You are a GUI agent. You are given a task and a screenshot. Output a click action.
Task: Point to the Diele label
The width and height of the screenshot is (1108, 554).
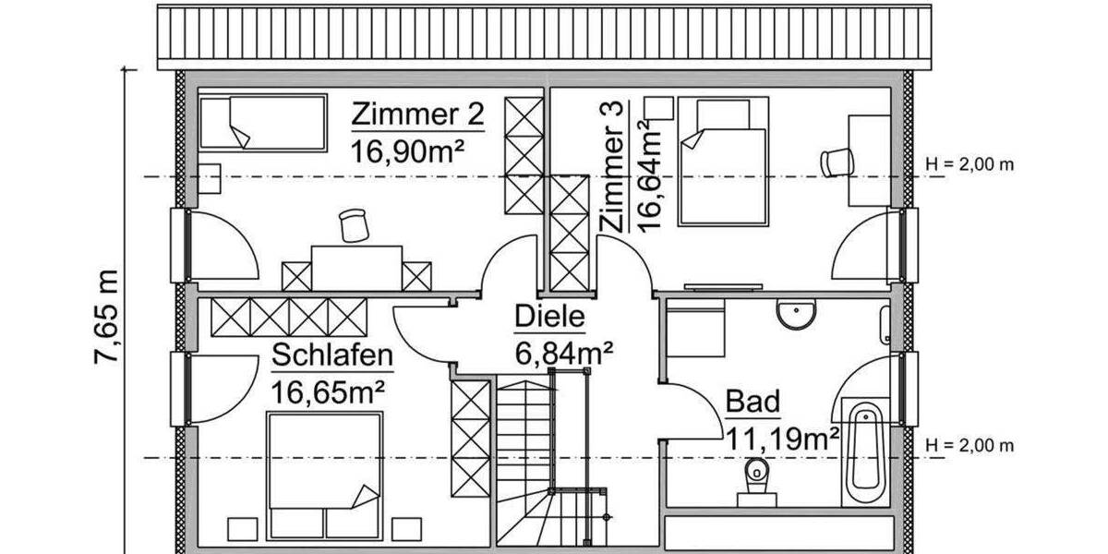[x=549, y=318]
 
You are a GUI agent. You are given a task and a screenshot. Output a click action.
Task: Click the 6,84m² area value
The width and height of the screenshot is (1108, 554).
[x=563, y=352]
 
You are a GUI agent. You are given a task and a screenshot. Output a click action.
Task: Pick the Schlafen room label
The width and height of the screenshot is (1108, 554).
[x=332, y=355]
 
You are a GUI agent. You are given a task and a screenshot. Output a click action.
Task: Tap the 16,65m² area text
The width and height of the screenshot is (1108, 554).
[x=327, y=390]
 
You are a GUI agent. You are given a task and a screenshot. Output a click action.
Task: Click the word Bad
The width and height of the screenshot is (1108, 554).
[x=753, y=402]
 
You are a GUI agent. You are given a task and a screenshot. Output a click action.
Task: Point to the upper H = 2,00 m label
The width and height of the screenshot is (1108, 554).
[x=969, y=165]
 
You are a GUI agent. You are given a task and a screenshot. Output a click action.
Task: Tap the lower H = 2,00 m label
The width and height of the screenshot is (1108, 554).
[x=969, y=446]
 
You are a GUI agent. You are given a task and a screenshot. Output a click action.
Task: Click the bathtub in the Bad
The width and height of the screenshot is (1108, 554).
[x=864, y=452]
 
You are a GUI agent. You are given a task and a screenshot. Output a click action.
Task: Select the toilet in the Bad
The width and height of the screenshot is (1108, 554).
[x=756, y=481]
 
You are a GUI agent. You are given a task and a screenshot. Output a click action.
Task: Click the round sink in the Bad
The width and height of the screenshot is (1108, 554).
[x=796, y=315]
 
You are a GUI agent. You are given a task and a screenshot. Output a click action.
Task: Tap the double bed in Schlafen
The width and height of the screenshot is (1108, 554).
[x=324, y=476]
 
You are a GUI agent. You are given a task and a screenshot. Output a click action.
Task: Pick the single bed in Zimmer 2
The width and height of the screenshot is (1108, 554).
[x=263, y=123]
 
